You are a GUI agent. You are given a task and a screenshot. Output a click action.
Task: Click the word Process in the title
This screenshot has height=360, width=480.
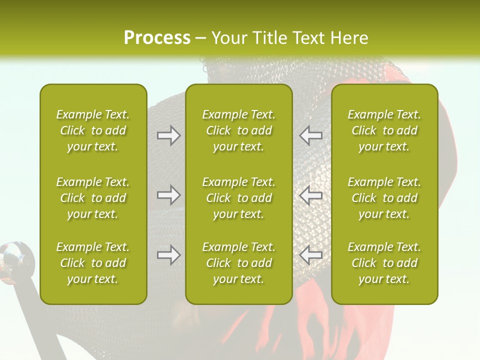coord(157,37)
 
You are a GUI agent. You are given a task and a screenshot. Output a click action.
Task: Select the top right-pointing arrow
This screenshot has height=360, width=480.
coord(168,135)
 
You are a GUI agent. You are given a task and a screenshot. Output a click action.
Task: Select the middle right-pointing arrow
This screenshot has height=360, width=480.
coord(168,195)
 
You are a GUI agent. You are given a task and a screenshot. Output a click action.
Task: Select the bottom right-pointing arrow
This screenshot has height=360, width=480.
coord(168,255)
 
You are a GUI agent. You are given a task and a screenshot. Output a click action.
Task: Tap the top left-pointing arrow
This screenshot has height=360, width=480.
coord(310,135)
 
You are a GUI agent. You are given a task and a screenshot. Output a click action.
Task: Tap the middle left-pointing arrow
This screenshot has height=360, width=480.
coord(310,195)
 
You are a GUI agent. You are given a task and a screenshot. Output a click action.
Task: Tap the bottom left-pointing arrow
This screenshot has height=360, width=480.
coord(310,255)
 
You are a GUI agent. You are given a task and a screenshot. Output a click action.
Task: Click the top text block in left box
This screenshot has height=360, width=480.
coord(93,130)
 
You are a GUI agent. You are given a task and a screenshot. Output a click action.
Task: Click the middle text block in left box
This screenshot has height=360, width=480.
coord(93,198)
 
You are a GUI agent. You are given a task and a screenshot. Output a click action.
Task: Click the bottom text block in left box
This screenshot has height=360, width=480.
coord(93,263)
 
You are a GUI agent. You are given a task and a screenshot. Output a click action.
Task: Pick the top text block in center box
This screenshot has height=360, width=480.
coord(238,130)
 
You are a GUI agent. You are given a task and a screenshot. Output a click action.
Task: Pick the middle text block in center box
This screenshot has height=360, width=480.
coord(238,198)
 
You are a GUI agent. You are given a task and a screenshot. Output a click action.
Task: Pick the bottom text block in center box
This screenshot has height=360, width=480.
coord(238,263)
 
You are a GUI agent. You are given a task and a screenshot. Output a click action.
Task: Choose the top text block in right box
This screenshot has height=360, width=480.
coord(384,130)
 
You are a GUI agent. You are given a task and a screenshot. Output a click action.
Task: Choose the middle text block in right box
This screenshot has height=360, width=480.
coord(384,198)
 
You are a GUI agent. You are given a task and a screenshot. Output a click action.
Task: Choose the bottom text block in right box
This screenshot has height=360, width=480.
coord(384,263)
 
